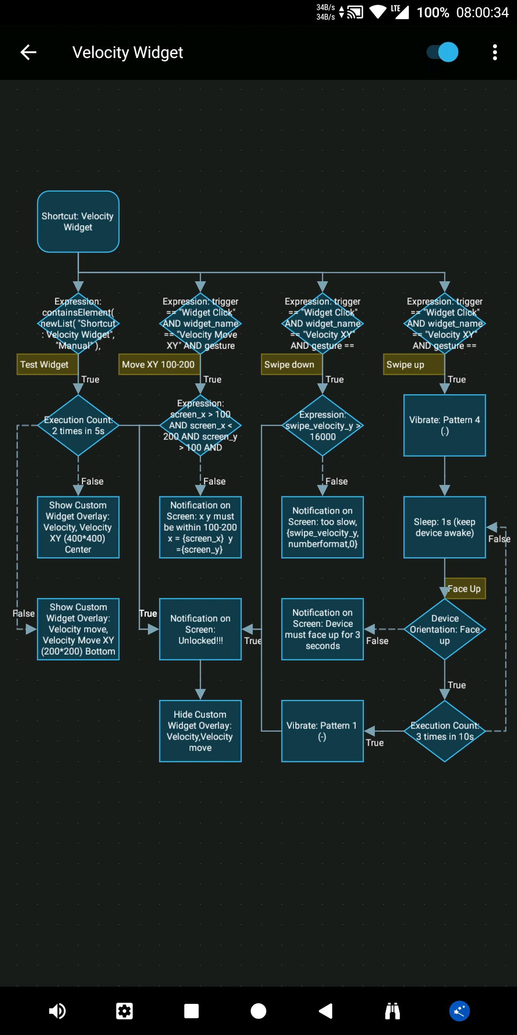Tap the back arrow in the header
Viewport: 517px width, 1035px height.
[29, 52]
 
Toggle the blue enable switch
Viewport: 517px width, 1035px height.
[442, 52]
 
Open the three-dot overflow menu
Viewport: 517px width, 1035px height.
[495, 52]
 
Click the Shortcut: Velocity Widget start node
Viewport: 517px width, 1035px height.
[78, 221]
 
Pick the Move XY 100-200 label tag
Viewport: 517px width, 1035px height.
[158, 365]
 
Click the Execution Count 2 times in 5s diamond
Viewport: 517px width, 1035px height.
[78, 425]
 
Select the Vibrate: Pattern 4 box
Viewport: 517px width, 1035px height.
[444, 425]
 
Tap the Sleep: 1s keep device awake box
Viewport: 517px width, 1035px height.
[444, 527]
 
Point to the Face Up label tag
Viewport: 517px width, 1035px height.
[465, 589]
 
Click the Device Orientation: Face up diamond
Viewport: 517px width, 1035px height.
[444, 629]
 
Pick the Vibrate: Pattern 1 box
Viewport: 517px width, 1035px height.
[322, 731]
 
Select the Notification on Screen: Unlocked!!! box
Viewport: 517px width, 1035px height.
[200, 629]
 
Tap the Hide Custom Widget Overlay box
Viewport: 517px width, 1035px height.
[200, 731]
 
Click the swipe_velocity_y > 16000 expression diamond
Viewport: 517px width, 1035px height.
[322, 425]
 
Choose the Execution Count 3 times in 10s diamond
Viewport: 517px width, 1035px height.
[444, 731]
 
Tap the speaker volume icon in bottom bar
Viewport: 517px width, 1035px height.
[57, 1011]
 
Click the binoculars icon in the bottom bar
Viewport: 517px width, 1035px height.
[393, 1011]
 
